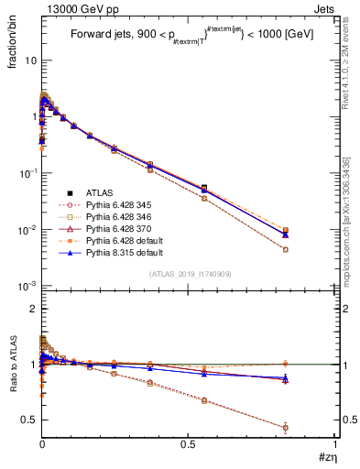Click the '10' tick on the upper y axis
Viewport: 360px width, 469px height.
28,60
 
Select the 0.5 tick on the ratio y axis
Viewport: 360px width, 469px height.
27,420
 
